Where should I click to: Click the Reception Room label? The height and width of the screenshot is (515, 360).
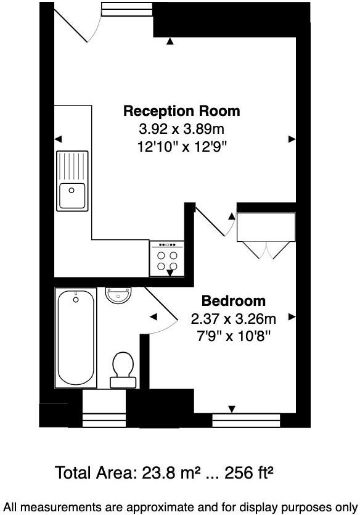(x=181, y=112)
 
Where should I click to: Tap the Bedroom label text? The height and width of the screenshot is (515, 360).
(x=234, y=301)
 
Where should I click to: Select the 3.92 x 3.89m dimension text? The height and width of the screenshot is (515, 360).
(x=181, y=130)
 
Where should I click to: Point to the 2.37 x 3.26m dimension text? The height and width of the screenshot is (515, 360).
(x=234, y=319)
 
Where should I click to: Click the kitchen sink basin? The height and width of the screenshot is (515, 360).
(x=72, y=196)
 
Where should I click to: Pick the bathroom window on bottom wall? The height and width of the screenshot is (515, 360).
(x=104, y=420)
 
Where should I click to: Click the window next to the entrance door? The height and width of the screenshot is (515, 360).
(x=126, y=9)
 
